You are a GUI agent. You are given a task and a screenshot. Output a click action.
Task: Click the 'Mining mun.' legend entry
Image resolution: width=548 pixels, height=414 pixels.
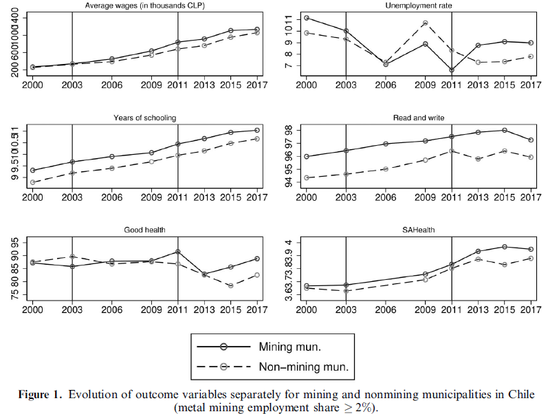click(x=288, y=347)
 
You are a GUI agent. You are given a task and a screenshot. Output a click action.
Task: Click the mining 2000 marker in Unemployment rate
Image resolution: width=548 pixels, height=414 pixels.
click(x=306, y=18)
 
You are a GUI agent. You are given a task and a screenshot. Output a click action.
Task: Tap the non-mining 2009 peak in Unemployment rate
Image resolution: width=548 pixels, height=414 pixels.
click(x=426, y=23)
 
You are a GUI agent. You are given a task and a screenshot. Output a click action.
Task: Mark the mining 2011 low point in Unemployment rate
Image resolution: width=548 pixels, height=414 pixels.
click(x=452, y=69)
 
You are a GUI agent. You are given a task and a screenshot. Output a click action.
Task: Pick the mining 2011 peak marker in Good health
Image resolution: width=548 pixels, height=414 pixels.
click(x=177, y=252)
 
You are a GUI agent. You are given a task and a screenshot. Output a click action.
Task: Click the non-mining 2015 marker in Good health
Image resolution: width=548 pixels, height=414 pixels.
click(x=231, y=285)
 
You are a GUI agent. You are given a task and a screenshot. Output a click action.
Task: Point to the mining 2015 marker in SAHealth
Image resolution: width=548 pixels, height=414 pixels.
click(x=505, y=246)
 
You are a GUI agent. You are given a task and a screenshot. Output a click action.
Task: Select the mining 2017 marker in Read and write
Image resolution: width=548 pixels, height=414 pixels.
click(x=531, y=140)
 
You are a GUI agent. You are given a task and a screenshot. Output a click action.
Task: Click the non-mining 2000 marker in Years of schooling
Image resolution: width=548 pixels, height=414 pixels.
click(x=32, y=182)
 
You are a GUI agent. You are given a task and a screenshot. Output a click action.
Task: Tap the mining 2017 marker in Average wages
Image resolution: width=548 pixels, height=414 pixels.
click(x=256, y=30)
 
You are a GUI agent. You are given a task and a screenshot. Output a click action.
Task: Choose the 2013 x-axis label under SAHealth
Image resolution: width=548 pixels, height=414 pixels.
click(x=479, y=308)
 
